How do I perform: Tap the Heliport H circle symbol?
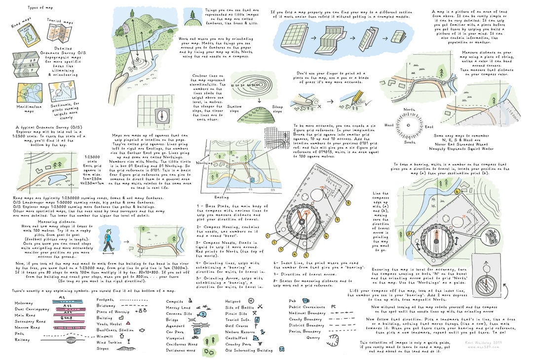251,300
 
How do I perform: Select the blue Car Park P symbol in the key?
197,331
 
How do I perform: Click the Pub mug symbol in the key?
306,300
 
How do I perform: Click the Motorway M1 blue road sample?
62,298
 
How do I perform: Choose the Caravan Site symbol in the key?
202,314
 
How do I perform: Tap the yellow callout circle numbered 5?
306,255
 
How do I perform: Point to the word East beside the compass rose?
429,127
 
